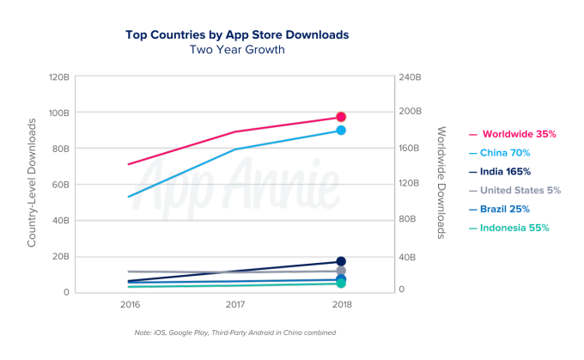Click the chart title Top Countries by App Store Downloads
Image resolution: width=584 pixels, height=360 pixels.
(237, 34)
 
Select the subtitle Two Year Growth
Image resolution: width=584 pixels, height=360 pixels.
(237, 50)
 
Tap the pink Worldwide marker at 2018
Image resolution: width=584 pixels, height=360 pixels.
(341, 117)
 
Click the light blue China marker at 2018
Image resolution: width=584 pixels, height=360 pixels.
(341, 131)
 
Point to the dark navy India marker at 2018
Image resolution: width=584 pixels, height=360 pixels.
(341, 261)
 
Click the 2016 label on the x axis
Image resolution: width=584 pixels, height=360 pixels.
(130, 305)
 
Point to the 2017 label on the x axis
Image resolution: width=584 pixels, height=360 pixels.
(235, 305)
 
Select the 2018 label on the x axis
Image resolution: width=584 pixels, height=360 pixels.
(341, 305)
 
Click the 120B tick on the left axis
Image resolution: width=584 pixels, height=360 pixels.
(58, 77)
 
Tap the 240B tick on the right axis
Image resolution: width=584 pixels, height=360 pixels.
(411, 77)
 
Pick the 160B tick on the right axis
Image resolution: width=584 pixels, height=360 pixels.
(411, 149)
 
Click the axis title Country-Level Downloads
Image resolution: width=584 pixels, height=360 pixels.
(32, 184)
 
